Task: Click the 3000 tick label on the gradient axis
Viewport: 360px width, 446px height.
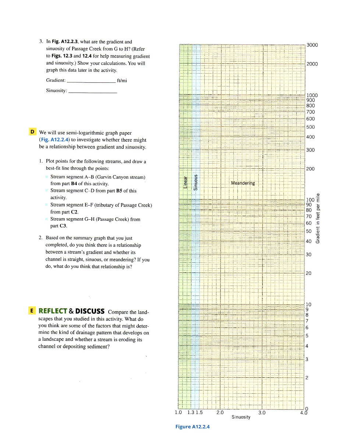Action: [312, 45]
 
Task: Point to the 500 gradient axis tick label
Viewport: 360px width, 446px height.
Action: [310, 127]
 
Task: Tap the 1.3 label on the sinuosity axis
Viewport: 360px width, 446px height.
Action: [191, 413]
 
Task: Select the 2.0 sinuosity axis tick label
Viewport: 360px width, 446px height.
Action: [220, 413]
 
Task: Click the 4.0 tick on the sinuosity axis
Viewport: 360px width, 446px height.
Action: [303, 413]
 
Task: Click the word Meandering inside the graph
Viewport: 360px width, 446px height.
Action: [243, 183]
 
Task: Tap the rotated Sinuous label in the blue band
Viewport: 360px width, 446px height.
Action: [196, 181]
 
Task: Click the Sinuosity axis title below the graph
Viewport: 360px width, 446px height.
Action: [241, 417]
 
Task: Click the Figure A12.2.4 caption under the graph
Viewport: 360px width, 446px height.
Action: [193, 426]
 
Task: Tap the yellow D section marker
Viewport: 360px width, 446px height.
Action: [32, 132]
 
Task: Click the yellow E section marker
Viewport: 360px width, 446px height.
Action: [32, 311]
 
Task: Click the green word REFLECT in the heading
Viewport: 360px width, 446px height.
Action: [53, 311]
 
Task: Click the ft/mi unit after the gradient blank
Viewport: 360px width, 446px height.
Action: [122, 81]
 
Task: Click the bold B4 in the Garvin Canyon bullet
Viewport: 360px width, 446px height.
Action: [74, 184]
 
